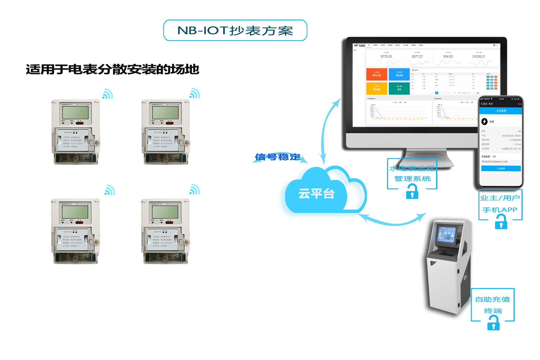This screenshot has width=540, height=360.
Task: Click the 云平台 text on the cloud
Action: pos(316,194)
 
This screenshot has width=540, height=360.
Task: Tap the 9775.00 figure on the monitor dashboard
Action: pos(386,57)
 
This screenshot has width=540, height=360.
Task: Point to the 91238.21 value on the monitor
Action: pos(479,57)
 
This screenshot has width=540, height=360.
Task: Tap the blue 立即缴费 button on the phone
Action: pos(501,168)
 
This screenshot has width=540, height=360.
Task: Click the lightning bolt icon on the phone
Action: pos(485,122)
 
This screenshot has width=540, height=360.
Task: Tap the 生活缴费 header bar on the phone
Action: pos(501,111)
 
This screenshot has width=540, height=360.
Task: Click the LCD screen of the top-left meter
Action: pos(75,112)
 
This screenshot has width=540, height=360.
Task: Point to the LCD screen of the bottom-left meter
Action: pos(75,212)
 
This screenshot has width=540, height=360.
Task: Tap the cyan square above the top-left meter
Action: pos(108,94)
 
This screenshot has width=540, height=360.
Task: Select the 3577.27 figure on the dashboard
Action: pos(417,57)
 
